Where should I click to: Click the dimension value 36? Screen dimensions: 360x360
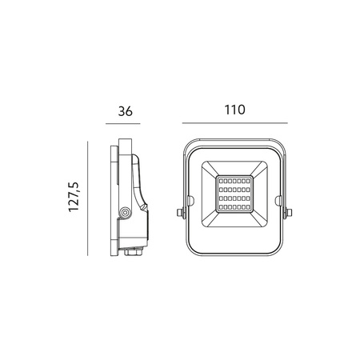pos(125,111)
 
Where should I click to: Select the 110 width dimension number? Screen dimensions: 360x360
pos(234,110)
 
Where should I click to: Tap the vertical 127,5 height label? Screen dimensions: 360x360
pos(74,197)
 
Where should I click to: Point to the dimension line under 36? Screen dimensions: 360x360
pos(123,124)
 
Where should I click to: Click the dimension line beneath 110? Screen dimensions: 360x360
pos(235,123)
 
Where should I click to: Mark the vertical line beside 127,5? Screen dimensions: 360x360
pos(88,198)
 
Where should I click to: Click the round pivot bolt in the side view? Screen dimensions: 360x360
pos(125,213)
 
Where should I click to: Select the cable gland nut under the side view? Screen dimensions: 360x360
pos(134,251)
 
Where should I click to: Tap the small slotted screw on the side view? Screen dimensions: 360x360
pos(144,206)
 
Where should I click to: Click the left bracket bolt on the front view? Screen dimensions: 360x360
pos(181,213)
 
